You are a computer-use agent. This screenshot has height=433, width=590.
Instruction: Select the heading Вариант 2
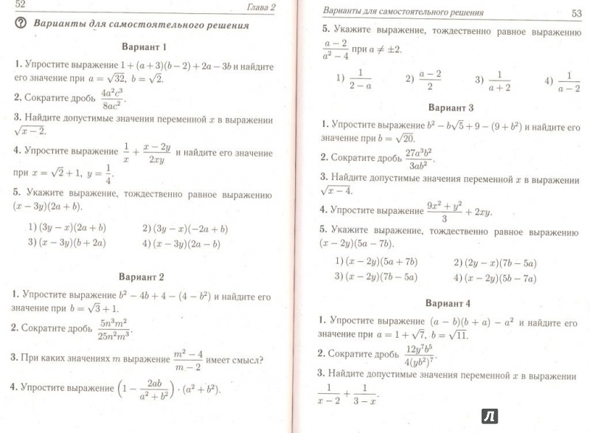point(145,277)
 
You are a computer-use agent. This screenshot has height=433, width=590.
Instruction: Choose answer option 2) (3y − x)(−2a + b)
point(185,229)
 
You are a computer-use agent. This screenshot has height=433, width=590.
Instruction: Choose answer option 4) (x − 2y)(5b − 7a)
point(495,277)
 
